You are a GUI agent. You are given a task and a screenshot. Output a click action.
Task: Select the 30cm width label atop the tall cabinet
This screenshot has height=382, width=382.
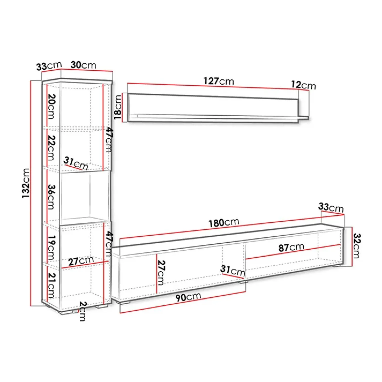click(x=83, y=65)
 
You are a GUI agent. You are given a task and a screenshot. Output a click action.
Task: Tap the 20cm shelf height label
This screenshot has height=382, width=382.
click(x=51, y=107)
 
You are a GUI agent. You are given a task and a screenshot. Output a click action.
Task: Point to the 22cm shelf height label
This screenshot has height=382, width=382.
click(x=51, y=148)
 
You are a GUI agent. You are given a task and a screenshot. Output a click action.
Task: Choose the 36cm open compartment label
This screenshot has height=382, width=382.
click(x=51, y=197)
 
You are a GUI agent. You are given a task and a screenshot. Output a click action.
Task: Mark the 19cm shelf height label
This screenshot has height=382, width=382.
click(x=51, y=248)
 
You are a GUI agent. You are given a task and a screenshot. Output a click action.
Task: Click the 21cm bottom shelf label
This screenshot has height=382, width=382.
click(x=51, y=285)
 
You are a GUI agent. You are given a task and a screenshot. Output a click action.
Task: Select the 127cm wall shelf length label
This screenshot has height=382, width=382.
click(x=219, y=81)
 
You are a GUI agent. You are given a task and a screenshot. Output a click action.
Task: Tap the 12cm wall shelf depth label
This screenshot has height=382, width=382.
click(x=304, y=85)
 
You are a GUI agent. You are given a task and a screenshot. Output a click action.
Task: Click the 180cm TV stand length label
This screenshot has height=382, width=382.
click(x=224, y=223)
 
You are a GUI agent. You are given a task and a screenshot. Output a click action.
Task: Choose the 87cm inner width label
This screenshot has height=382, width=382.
click(x=291, y=247)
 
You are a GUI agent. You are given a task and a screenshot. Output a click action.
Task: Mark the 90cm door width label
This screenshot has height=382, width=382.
click(x=188, y=297)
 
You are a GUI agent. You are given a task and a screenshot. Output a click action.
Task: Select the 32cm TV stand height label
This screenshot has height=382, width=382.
click(x=356, y=246)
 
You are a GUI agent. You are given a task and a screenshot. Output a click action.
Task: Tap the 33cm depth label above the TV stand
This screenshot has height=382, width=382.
click(x=331, y=207)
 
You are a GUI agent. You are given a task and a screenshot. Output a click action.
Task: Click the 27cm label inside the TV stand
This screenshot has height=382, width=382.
click(x=161, y=272)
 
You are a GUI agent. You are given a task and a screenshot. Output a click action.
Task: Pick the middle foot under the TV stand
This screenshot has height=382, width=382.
click(x=243, y=282)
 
